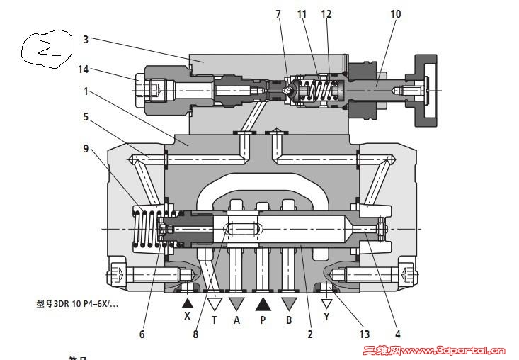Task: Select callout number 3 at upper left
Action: point(86,40)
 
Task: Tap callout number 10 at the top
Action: point(395,13)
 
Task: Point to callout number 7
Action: point(279,13)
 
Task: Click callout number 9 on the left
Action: point(86,149)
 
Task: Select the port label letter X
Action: point(188,317)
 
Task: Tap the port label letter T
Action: point(214,319)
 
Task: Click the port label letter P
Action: point(263,319)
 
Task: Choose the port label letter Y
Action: point(326,317)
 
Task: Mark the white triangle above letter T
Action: point(214,303)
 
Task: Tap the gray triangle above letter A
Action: point(237,303)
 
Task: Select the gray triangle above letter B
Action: point(288,303)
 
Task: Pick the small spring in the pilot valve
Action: point(316,90)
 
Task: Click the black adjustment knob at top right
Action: point(426,89)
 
